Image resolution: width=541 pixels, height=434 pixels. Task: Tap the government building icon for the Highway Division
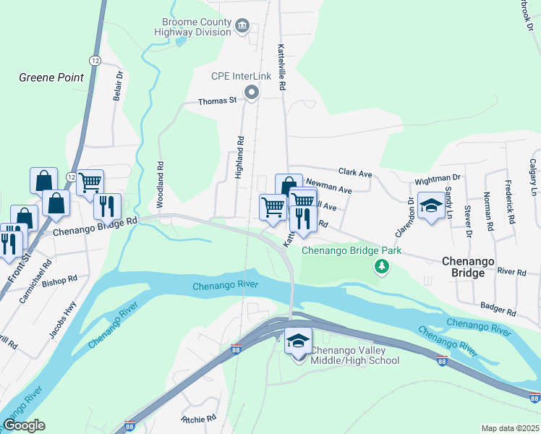pyautogui.click(x=242, y=27)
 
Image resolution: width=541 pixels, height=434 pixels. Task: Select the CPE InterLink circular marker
pyautogui.click(x=252, y=92)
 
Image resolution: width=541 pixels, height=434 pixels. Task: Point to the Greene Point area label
pyautogui.click(x=51, y=77)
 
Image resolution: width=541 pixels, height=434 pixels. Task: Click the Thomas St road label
pyautogui.click(x=218, y=102)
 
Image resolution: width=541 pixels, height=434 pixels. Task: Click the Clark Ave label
pyautogui.click(x=355, y=174)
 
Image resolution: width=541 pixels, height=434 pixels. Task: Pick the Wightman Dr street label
pyautogui.click(x=437, y=178)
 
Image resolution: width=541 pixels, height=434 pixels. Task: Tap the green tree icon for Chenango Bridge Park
pyautogui.click(x=381, y=268)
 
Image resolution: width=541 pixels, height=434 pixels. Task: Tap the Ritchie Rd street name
pyautogui.click(x=199, y=418)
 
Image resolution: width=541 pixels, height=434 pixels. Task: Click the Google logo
pyautogui.click(x=25, y=425)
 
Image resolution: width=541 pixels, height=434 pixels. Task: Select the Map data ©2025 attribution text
pyautogui.click(x=510, y=428)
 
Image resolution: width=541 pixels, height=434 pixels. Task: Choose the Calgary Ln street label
pyautogui.click(x=533, y=177)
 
